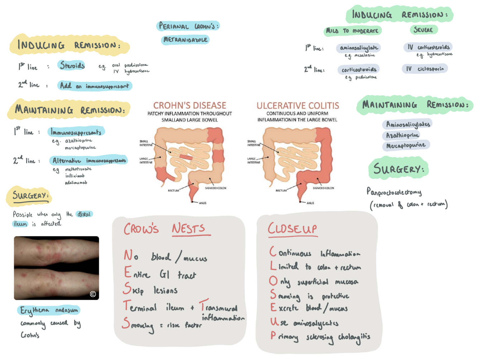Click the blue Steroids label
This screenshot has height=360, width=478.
coord(72,66)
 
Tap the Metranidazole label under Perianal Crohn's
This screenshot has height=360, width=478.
coord(185,40)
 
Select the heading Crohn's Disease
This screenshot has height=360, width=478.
coord(190,105)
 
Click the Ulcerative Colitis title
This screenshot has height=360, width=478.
coord(297,106)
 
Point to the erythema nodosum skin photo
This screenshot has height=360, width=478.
coord(56,268)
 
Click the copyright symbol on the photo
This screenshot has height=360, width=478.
coord(93,294)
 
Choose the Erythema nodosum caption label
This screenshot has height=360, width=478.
coord(49,310)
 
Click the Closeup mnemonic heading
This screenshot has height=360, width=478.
coord(292,229)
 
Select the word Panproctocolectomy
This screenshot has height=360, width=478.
coord(394,192)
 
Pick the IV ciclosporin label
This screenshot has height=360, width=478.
coord(425,69)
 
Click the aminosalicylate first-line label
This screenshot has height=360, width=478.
coord(358,48)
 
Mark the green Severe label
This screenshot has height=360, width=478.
coord(423,30)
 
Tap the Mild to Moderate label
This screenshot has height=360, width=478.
coord(352,31)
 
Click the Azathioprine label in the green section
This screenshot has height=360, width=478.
coord(402,135)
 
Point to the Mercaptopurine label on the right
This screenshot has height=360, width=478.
coord(406,145)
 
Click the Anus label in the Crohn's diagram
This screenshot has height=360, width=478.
coord(202,203)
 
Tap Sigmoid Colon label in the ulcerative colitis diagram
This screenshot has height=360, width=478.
coord(323,188)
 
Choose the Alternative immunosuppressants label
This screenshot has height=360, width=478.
coord(89,160)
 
